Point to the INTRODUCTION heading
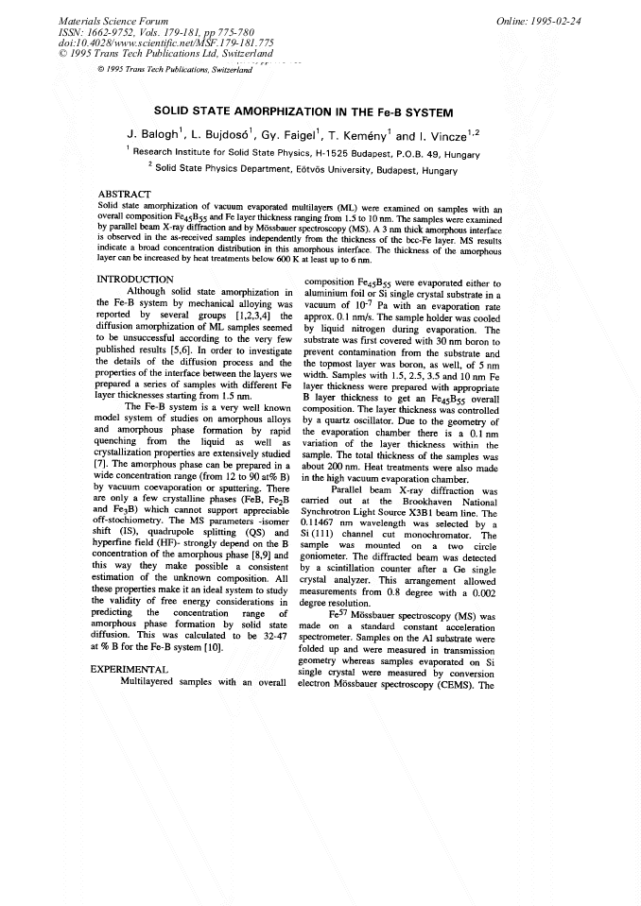[136, 280]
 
